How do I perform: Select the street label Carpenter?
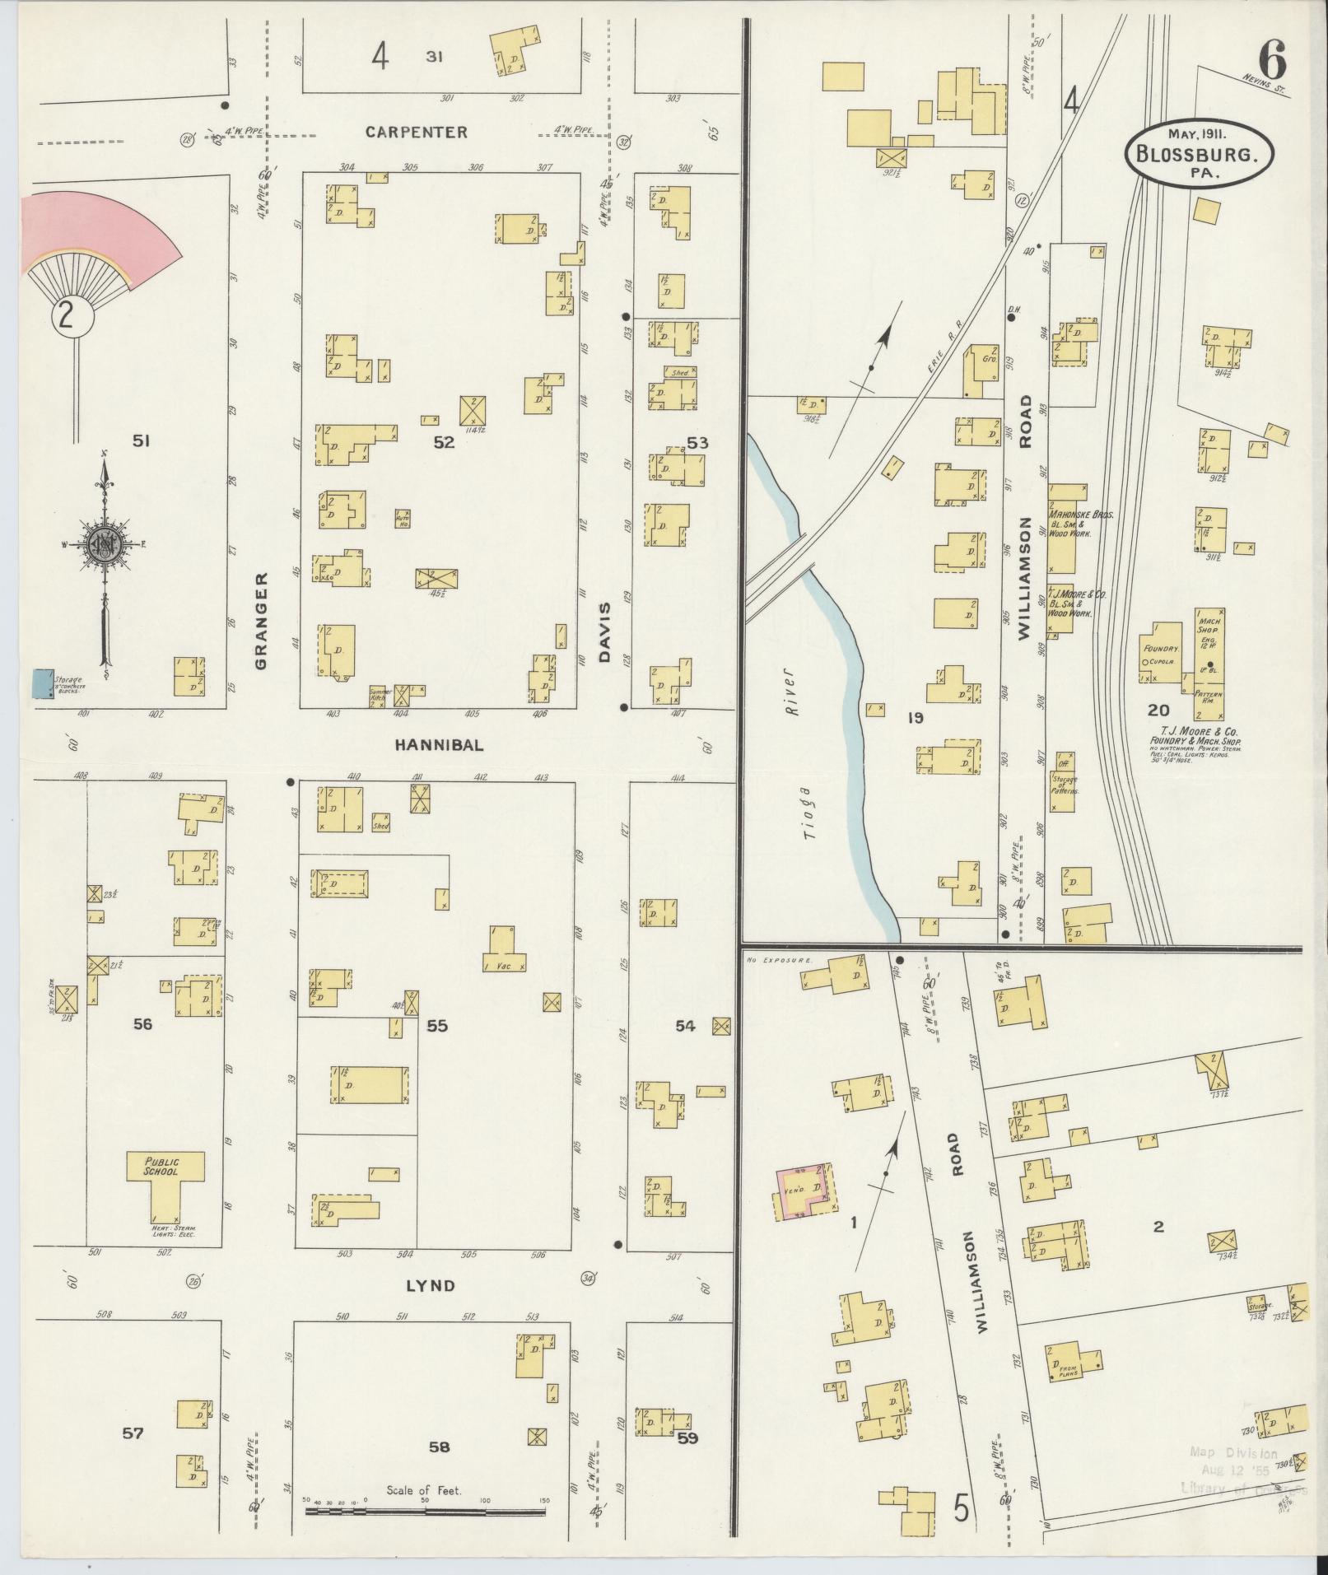pyautogui.click(x=417, y=132)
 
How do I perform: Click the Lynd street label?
pyautogui.click(x=431, y=1285)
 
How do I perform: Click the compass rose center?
pyautogui.click(x=105, y=546)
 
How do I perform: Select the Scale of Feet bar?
pyautogui.click(x=424, y=1512)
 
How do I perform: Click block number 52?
pyautogui.click(x=444, y=443)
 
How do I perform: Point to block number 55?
pyautogui.click(x=437, y=1027)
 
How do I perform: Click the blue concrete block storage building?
pyautogui.click(x=40, y=683)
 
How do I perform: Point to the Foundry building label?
pyautogui.click(x=1160, y=648)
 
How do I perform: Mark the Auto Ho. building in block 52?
pyautogui.click(x=403, y=519)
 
